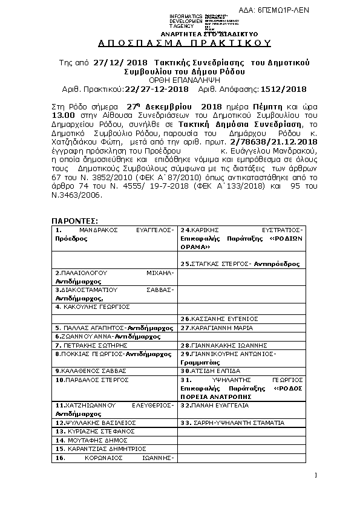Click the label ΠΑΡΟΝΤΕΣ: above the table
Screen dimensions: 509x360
pyautogui.click(x=74, y=221)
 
